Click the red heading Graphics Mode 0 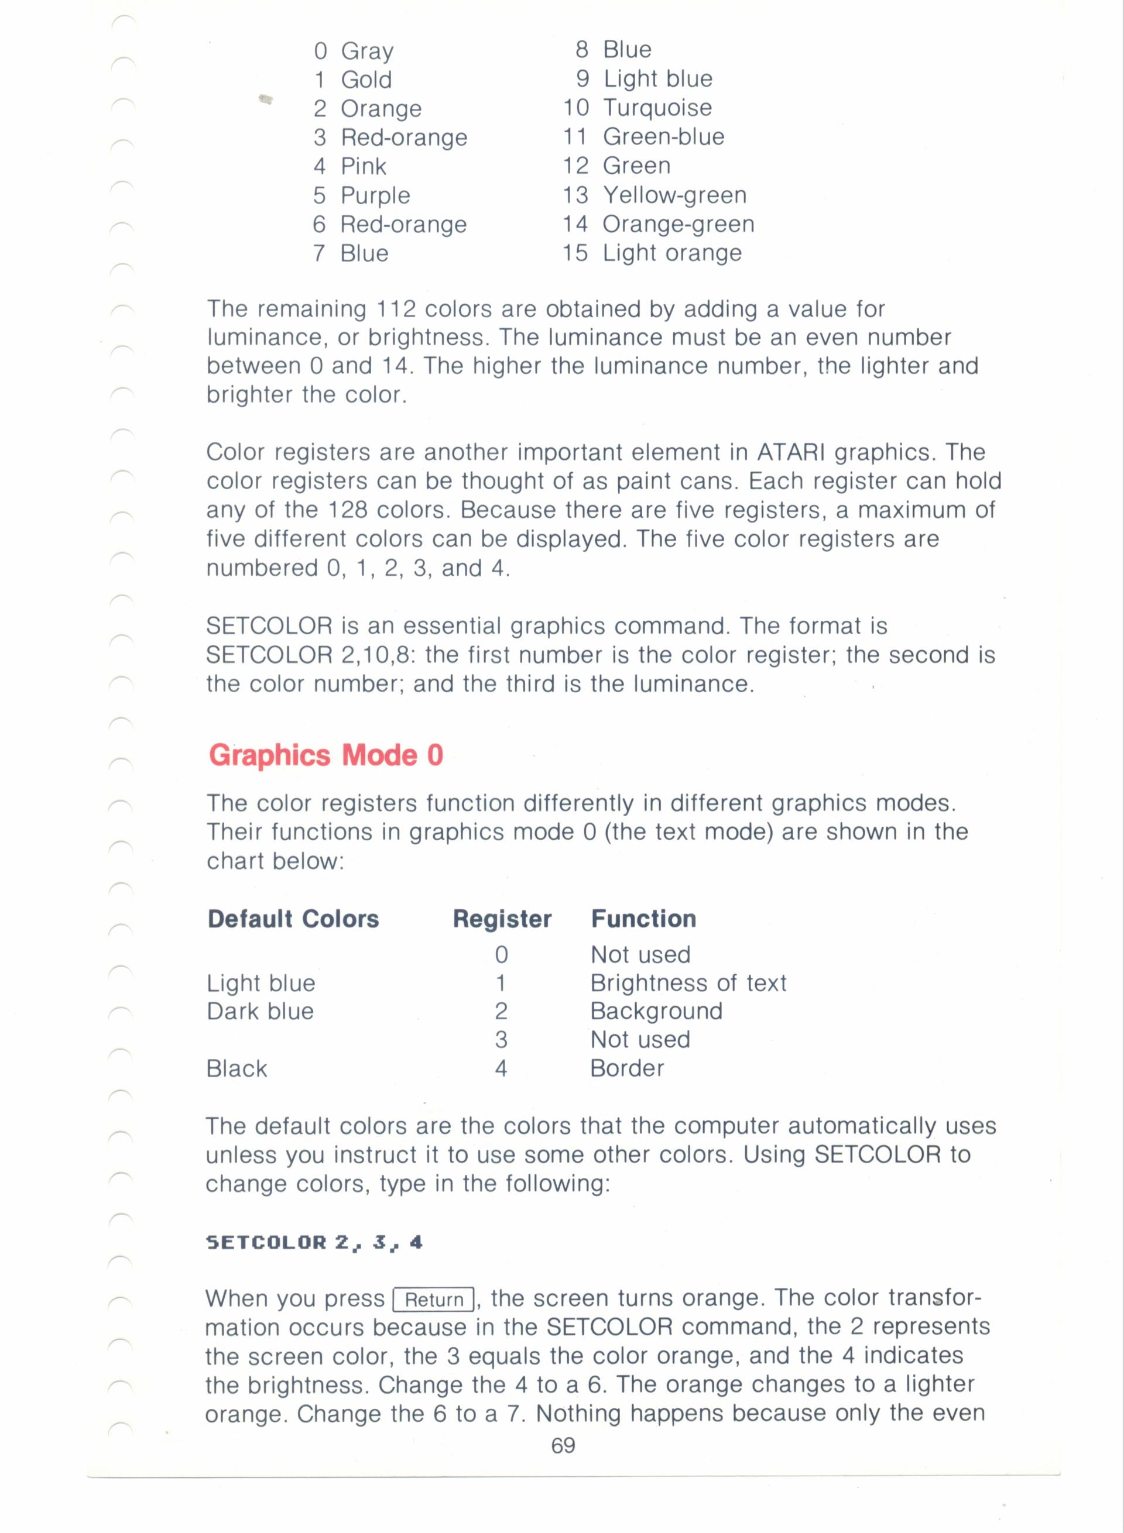[x=326, y=755]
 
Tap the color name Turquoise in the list [x=657, y=108]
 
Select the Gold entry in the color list [x=366, y=80]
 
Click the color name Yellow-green [x=674, y=195]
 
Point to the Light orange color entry [x=671, y=253]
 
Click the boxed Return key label [x=434, y=1300]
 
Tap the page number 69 [x=563, y=1445]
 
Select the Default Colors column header [x=293, y=919]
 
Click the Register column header [x=502, y=919]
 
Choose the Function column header [x=643, y=919]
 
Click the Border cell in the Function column [x=626, y=1068]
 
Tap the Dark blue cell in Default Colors [x=260, y=1011]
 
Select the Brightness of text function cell [x=688, y=983]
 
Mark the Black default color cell [x=237, y=1068]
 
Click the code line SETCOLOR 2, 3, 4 [x=314, y=1243]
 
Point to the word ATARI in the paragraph [x=791, y=452]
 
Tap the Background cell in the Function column [x=656, y=1011]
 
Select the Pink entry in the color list [x=364, y=167]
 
